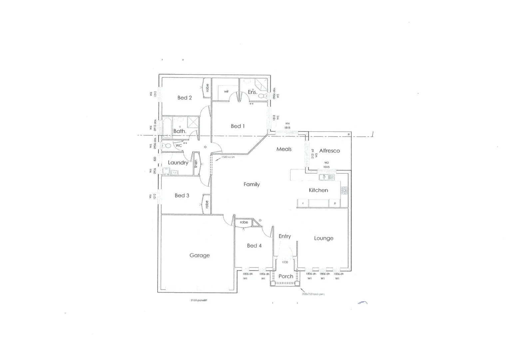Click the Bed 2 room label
(x=185, y=98)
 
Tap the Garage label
(x=200, y=255)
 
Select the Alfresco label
(x=329, y=151)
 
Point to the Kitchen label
(x=318, y=190)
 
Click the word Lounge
(x=323, y=238)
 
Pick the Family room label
(x=252, y=184)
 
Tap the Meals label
(x=284, y=149)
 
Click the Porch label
(x=286, y=276)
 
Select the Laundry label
(x=178, y=163)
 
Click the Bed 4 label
(x=254, y=246)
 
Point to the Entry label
(x=284, y=236)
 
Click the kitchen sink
(x=326, y=177)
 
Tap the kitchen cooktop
(x=344, y=191)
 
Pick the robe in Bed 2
(x=207, y=88)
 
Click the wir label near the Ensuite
(x=226, y=91)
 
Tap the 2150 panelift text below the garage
(x=199, y=300)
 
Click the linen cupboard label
(x=196, y=163)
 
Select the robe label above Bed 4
(x=244, y=222)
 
